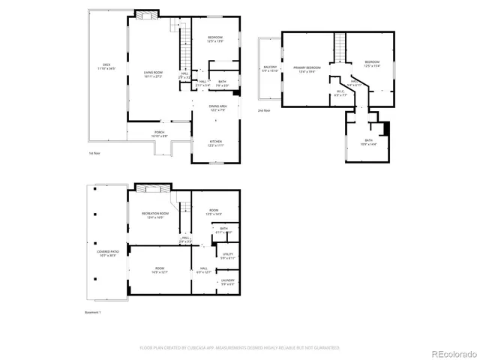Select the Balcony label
[x=269, y=69]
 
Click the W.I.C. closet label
[x=340, y=94]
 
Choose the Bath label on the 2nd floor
[x=368, y=141]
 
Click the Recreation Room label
[x=155, y=215]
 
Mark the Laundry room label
[x=228, y=283]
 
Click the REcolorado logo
[x=452, y=349]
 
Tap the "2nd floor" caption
[x=263, y=110]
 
